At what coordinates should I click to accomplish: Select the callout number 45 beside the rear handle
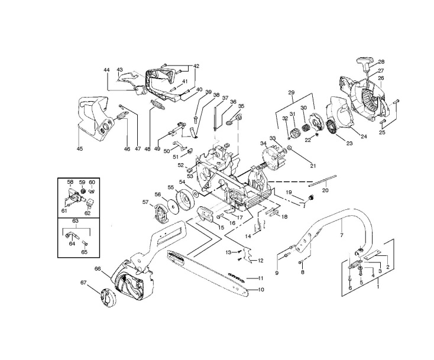(x=80, y=149)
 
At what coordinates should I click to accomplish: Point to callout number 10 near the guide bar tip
(x=260, y=290)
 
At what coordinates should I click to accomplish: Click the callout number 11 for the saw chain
(x=260, y=278)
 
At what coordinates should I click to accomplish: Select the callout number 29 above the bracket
(x=291, y=93)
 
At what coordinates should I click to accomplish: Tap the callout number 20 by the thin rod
(x=325, y=190)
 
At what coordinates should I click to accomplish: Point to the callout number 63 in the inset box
(x=75, y=220)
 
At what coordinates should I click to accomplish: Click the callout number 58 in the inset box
(x=70, y=182)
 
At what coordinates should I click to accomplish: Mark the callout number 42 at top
(x=196, y=66)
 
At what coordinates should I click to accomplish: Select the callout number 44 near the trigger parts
(x=107, y=70)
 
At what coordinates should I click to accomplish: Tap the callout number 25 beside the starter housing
(x=381, y=132)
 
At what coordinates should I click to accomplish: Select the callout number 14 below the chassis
(x=248, y=235)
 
